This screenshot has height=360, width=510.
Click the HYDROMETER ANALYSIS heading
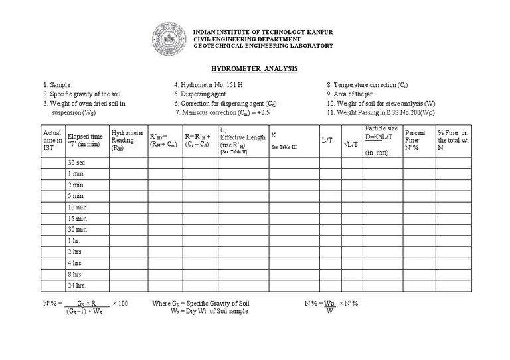254,69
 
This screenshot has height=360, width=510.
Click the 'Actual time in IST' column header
52,140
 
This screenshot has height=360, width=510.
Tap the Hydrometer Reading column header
127,140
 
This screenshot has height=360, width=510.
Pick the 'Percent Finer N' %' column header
416,140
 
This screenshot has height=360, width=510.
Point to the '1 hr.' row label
74,240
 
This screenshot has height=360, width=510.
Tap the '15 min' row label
77,219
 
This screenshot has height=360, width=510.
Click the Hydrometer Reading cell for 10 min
128,207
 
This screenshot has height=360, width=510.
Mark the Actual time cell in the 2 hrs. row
52,252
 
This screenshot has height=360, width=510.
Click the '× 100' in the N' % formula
120,303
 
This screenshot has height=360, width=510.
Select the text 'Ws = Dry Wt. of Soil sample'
209,311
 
